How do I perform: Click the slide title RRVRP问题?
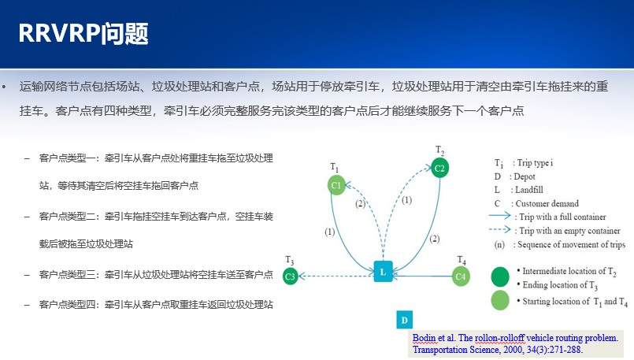pos(83,33)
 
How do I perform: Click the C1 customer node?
pos(336,185)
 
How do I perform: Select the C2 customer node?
pos(440,168)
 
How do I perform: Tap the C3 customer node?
pos(290,276)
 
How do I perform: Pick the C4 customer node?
pos(461,276)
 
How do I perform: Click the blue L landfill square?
pos(383,272)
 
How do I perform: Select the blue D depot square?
pos(404,320)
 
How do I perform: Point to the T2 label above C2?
pos(440,151)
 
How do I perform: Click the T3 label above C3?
pos(290,260)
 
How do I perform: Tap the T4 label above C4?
pos(462,260)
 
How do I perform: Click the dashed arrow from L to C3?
pos(336,276)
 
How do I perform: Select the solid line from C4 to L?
pos(422,276)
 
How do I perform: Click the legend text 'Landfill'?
pos(529,190)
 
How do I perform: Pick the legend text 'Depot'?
pos(525,176)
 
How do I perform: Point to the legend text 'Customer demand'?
pos(547,203)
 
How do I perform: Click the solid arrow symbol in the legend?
pos(500,215)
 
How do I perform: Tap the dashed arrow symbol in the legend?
pos(500,229)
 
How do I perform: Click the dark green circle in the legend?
pos(500,276)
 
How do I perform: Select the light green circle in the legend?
pos(500,300)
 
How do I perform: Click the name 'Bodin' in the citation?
pos(425,338)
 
